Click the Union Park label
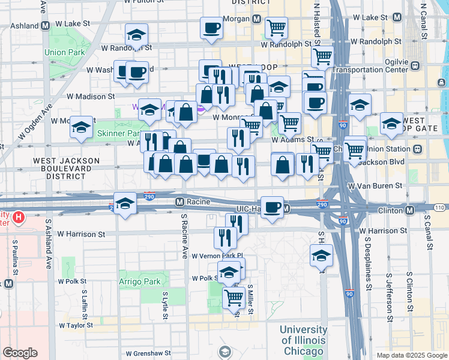point(64,52)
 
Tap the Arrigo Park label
point(140,281)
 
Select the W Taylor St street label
point(76,325)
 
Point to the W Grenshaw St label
point(148,353)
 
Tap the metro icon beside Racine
point(179,202)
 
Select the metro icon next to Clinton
point(409,211)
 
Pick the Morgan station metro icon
point(257,19)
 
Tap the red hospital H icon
point(19,217)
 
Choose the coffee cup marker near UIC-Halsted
point(272,207)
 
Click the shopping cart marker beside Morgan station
point(276,27)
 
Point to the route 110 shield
point(440,207)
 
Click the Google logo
point(20,353)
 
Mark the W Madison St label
point(91,96)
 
